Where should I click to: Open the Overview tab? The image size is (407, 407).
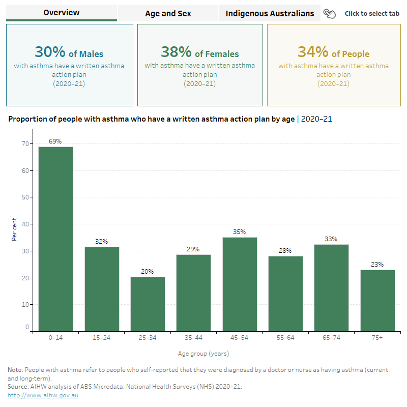click(x=62, y=13)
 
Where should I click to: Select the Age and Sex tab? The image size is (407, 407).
click(x=168, y=13)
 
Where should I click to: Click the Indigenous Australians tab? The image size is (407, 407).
click(x=270, y=13)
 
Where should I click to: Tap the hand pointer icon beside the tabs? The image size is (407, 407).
click(x=330, y=14)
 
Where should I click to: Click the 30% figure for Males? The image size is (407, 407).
click(x=50, y=52)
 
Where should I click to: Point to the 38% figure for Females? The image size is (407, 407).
click(x=177, y=52)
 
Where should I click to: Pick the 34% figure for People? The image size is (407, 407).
click(x=313, y=52)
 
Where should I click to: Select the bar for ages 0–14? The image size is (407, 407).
click(x=55, y=239)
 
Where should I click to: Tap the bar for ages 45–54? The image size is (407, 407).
click(x=240, y=284)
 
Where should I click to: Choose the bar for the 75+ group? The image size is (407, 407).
click(x=377, y=301)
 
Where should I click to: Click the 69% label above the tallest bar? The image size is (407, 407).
click(x=55, y=141)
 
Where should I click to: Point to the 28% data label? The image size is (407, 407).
click(x=285, y=250)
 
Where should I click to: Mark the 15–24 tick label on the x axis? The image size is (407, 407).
click(x=102, y=338)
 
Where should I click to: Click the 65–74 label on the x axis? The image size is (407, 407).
click(x=331, y=338)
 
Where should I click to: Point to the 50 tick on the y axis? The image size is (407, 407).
click(x=24, y=197)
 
